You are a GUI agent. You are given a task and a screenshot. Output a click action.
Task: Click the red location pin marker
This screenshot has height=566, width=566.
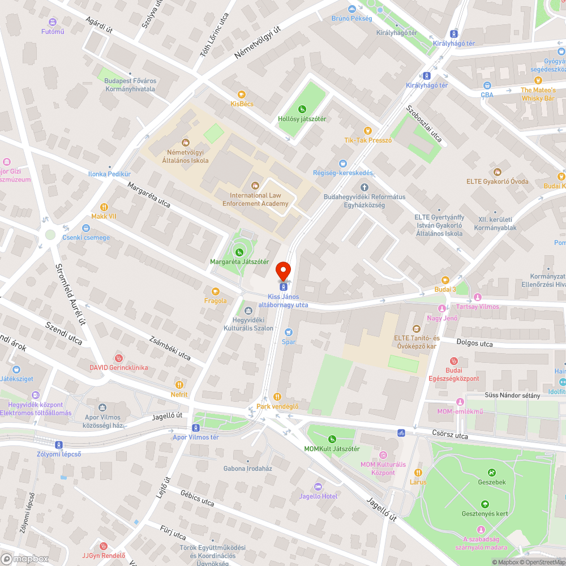pos(282,271)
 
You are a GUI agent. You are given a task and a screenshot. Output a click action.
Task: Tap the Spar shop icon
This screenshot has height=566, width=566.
pos(289,332)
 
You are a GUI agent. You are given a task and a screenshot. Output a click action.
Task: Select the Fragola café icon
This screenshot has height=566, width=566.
pos(215,291)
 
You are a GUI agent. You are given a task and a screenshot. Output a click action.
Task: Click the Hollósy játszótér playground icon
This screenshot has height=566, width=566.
pos(302,109)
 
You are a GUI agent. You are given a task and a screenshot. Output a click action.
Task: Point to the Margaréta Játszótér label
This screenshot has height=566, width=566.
pos(239,262)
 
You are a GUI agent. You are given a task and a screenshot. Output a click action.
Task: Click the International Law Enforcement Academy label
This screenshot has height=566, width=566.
pos(255,199)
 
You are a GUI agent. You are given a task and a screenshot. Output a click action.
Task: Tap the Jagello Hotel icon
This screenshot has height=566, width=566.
pos(318,487)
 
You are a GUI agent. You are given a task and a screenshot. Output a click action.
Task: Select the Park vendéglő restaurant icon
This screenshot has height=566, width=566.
pos(277,396)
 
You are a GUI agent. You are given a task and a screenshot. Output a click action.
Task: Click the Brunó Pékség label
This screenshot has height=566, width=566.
pos(352,18)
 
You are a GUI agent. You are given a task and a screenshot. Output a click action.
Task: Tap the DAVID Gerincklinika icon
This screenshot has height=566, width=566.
pos(118,358)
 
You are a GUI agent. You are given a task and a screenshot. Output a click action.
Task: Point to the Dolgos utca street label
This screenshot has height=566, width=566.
pos(474,344)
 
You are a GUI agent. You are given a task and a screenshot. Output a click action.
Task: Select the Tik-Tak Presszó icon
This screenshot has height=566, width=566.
pos(368,130)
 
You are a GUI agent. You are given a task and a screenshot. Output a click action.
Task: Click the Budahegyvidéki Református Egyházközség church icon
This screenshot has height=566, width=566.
pos(364,187)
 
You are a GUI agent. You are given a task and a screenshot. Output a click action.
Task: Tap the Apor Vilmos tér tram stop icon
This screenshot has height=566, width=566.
pos(196,427)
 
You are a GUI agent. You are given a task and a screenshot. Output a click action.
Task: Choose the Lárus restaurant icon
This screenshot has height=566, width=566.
pos(418,473)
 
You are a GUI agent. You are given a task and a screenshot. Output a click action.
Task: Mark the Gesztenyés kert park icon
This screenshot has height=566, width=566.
pos(484,504)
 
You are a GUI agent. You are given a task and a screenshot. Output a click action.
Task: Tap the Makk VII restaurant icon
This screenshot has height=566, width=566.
pos(104,207)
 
